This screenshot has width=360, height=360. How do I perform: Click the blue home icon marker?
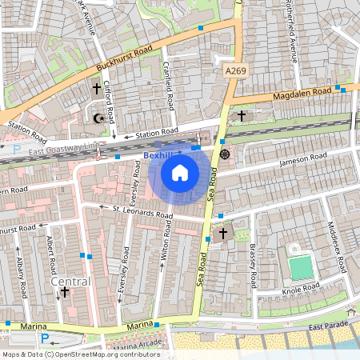180,172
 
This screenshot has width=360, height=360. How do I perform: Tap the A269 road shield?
233,71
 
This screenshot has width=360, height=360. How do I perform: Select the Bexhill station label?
158,154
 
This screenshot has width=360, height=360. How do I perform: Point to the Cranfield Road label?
170,86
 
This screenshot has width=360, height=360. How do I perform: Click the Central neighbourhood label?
70,282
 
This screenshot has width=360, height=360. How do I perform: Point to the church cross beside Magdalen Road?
242,116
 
